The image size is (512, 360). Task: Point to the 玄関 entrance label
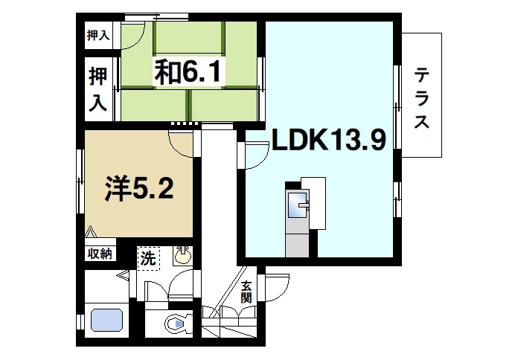pyautogui.click(x=246, y=292)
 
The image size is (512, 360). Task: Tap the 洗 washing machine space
pyautogui.click(x=148, y=260)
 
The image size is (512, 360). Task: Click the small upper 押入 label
pyautogui.click(x=97, y=34)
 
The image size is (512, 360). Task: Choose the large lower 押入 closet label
pyautogui.click(x=97, y=89)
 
